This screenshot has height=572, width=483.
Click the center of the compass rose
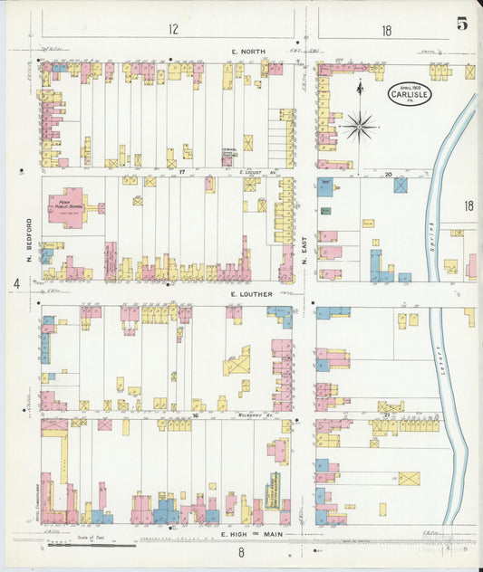[360, 127]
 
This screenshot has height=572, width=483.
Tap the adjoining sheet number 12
[172, 29]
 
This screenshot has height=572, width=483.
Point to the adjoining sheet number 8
[241, 551]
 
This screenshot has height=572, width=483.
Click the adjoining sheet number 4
[16, 284]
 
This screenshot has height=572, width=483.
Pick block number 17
[181, 171]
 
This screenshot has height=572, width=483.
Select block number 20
[387, 172]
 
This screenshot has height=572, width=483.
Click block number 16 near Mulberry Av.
[170, 415]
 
